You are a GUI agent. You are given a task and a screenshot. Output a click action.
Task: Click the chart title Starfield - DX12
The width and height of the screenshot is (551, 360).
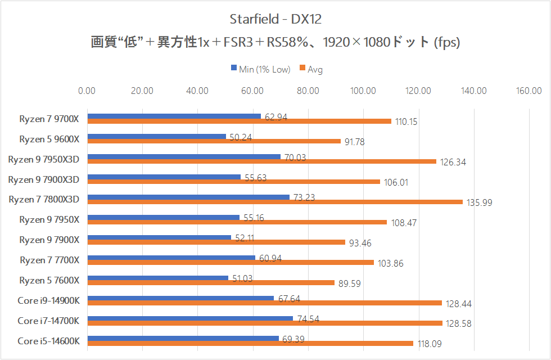tap(275, 19)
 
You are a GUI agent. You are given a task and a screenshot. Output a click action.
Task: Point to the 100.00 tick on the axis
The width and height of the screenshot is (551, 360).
tap(363, 91)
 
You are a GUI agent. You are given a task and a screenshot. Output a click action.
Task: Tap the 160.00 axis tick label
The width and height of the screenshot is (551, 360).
tap(529, 91)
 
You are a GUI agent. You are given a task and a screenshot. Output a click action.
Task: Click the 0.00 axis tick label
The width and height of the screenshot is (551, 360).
tap(87, 91)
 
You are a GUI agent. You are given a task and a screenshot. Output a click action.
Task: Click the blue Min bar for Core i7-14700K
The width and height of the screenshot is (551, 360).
tap(190, 318)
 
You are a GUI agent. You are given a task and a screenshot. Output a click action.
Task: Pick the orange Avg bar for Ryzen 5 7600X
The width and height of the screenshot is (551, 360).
tap(211, 283)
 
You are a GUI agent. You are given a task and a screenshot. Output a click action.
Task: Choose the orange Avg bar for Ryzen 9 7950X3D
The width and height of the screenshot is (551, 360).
tap(261, 161)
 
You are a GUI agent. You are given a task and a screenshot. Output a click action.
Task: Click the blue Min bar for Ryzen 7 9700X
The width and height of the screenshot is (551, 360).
tap(174, 116)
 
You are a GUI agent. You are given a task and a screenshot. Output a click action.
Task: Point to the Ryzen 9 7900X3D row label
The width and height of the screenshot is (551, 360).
tap(44, 179)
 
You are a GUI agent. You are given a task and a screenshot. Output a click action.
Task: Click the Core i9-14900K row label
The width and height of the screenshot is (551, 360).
tap(48, 301)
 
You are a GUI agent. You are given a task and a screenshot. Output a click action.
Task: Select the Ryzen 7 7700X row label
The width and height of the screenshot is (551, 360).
tap(49, 260)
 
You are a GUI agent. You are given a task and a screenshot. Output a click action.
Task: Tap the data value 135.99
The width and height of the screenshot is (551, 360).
tap(479, 202)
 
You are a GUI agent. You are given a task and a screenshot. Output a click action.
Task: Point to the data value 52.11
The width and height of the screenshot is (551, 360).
tap(244, 238)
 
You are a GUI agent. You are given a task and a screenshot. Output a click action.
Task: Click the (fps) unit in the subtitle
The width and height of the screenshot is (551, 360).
tap(447, 43)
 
